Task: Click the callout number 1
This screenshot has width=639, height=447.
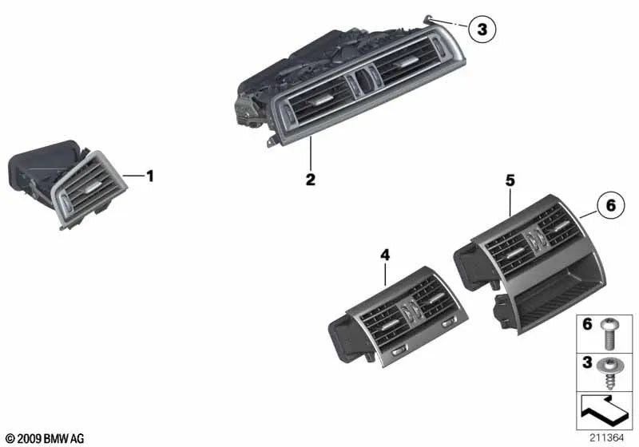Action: pos(149,176)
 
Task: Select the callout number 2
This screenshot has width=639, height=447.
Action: pos(310,180)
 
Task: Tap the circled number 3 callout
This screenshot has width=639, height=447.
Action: pos(482,30)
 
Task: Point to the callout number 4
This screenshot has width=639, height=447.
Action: pos(385,255)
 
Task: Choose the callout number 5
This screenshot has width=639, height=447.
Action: pos(510,181)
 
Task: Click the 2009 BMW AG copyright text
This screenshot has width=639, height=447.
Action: pos(45,438)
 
